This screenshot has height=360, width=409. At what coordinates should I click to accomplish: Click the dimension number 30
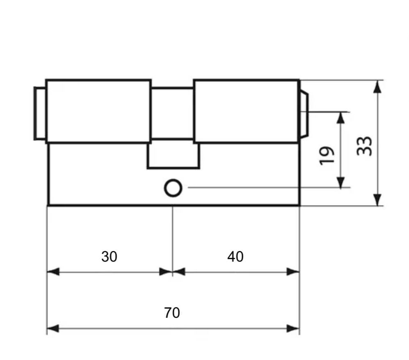pyautogui.click(x=109, y=257)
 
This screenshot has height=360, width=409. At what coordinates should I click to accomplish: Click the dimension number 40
pyautogui.click(x=235, y=257)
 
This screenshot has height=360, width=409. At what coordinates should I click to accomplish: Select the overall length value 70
pyautogui.click(x=172, y=313)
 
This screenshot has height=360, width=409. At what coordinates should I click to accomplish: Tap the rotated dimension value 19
pyautogui.click(x=327, y=156)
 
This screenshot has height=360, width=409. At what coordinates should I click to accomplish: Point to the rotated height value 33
pyautogui.click(x=364, y=146)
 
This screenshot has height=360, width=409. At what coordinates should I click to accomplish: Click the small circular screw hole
pyautogui.click(x=173, y=188)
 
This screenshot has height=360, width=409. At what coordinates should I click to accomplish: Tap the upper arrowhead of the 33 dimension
pyautogui.click(x=377, y=87)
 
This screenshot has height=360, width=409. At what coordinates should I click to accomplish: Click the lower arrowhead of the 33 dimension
pyautogui.click(x=377, y=200)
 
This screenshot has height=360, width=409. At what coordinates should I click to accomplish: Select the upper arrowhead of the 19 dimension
pyautogui.click(x=340, y=118)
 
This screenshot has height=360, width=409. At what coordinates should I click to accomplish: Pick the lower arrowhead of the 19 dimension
pyautogui.click(x=340, y=182)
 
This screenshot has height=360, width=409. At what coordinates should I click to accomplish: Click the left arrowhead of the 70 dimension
pyautogui.click(x=53, y=328)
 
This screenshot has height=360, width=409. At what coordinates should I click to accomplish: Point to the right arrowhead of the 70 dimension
pyautogui.click(x=293, y=328)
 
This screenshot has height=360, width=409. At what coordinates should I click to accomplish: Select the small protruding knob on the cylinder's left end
pyautogui.click(x=40, y=114)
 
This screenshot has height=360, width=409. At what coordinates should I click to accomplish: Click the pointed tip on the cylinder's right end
pyautogui.click(x=304, y=114)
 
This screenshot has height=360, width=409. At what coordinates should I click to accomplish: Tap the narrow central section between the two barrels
pyautogui.click(x=172, y=114)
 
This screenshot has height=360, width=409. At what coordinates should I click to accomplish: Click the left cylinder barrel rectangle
pyautogui.click(x=98, y=111)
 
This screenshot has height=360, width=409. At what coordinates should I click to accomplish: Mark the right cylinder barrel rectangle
pyautogui.click(x=247, y=111)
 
